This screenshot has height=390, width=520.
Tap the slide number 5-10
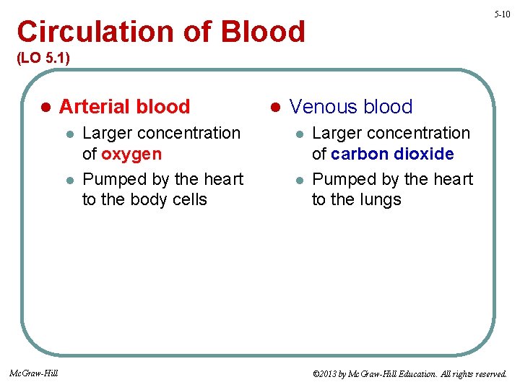point(502,14)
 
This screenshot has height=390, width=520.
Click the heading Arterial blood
point(124,107)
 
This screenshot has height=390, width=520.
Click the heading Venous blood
point(351,107)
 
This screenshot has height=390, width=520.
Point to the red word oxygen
point(131,154)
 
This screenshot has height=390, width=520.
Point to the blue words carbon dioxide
point(392,154)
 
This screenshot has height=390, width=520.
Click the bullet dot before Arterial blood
point(45,108)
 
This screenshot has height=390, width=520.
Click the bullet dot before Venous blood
point(274,108)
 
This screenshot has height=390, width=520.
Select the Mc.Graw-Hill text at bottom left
point(34,373)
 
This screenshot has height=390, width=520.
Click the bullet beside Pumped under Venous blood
point(298,180)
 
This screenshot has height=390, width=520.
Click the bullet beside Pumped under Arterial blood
point(69,180)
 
